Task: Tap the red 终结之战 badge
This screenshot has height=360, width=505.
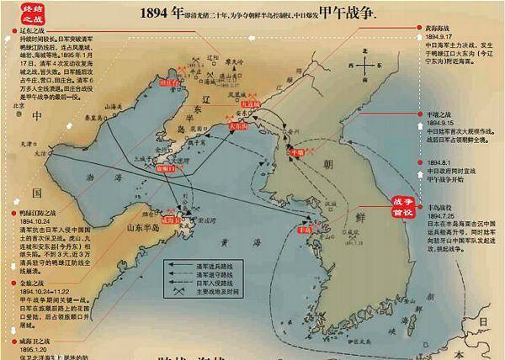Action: (19, 13)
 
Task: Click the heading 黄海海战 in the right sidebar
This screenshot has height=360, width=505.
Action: (444, 28)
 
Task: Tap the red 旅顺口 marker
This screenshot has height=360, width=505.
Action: (171, 168)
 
